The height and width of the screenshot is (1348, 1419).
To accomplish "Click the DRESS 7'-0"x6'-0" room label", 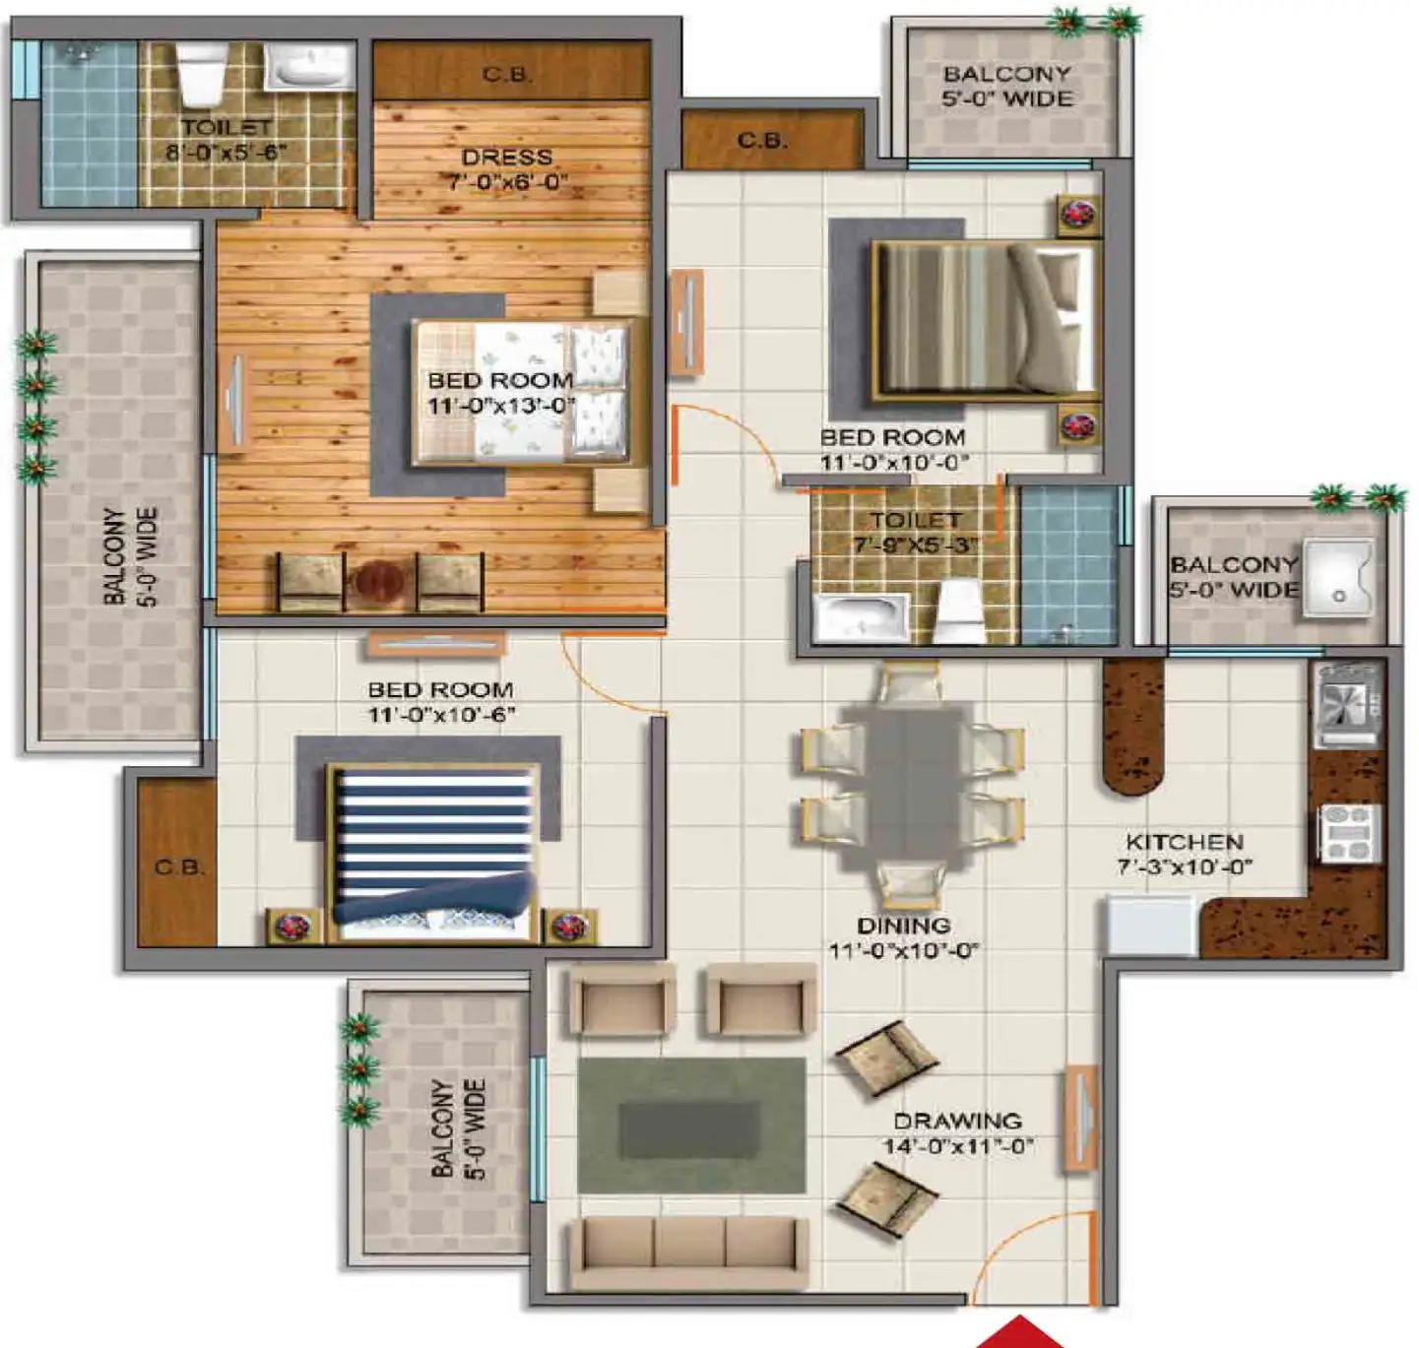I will pyautogui.click(x=507, y=169).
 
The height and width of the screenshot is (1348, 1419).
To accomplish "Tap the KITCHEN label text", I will pyautogui.click(x=1185, y=843).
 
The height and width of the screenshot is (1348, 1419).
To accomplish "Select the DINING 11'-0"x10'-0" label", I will pyautogui.click(x=904, y=938).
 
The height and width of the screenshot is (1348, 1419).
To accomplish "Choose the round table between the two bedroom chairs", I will pyautogui.click(x=380, y=582).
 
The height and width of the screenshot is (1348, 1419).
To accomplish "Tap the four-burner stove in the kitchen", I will pyautogui.click(x=1349, y=833).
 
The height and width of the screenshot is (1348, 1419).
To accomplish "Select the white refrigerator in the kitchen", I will pyautogui.click(x=1151, y=926).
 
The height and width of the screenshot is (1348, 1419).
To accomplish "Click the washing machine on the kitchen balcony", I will pyautogui.click(x=1337, y=578).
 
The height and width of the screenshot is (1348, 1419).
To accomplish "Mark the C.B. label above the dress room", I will pyautogui.click(x=508, y=74).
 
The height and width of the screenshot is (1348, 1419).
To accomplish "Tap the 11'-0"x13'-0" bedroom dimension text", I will pyautogui.click(x=500, y=406).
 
